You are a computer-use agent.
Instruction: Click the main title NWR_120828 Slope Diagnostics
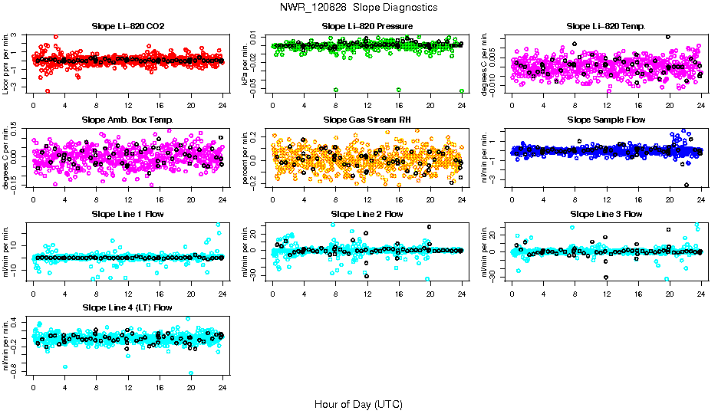point(359,7)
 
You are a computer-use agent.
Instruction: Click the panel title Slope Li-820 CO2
point(128,27)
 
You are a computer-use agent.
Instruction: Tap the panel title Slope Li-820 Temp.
point(606,27)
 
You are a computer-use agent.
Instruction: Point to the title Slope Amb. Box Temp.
point(128,120)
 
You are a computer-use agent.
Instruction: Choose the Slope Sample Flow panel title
point(606,120)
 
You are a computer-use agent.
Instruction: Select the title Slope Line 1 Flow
point(128,214)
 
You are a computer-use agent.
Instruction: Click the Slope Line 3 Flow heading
point(606,214)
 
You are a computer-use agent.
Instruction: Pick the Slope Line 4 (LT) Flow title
point(128,307)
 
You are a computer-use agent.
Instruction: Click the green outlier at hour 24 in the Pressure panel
point(462,90)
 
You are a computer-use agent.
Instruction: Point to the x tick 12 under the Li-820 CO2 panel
point(128,106)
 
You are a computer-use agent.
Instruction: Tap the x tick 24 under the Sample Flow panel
point(701,199)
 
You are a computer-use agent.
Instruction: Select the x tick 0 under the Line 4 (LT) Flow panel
point(33,386)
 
